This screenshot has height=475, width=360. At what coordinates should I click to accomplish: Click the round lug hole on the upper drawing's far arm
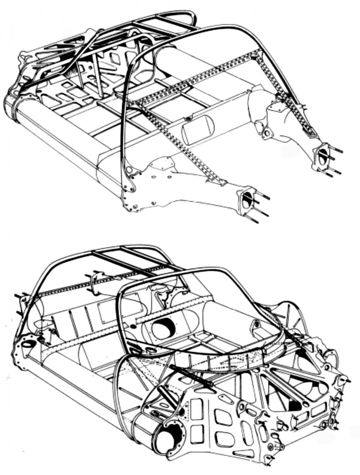pos(267,134)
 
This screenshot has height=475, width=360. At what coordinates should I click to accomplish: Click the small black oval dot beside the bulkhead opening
pos(133,326)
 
